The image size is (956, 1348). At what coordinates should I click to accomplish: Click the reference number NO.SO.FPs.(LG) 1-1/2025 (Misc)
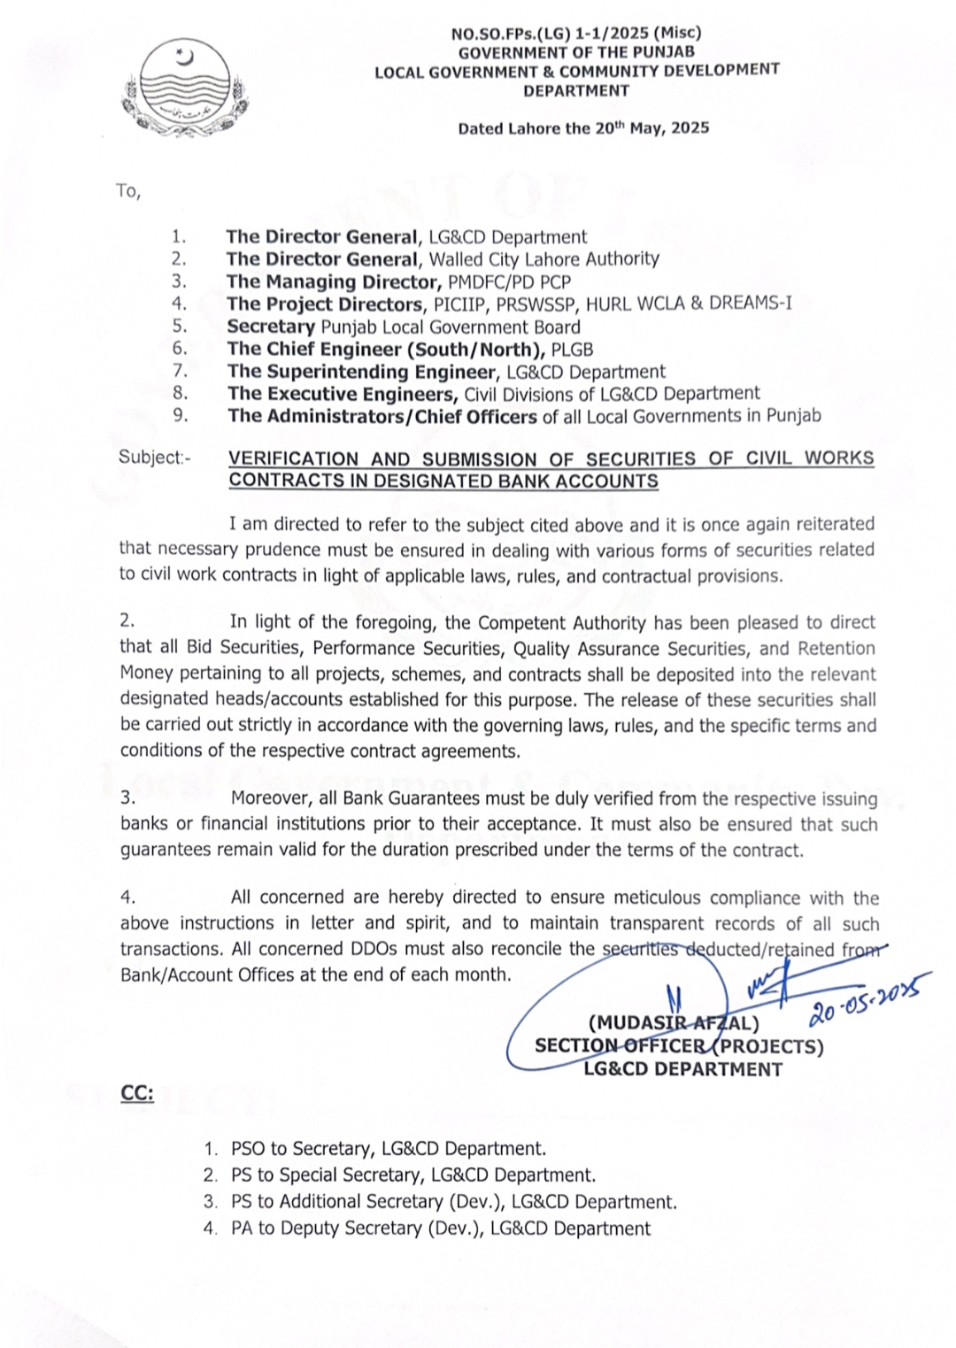(x=575, y=34)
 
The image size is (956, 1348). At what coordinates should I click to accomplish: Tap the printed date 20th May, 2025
(x=651, y=127)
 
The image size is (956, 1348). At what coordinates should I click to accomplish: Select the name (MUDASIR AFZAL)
(x=673, y=1023)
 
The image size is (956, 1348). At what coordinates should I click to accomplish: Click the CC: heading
(x=137, y=1094)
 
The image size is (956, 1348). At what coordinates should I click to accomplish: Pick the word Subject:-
(x=154, y=458)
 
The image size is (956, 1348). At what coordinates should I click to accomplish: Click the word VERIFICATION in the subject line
(x=293, y=458)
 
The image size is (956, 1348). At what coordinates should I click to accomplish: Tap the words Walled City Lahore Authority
(x=544, y=259)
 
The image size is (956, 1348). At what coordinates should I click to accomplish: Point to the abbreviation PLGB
(x=572, y=350)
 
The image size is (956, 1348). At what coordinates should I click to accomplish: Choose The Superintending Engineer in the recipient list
(x=361, y=372)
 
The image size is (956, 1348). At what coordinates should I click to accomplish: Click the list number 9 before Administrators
(x=180, y=415)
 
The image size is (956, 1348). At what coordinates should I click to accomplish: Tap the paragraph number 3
(x=128, y=797)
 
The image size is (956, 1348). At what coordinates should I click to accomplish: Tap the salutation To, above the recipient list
(x=128, y=190)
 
